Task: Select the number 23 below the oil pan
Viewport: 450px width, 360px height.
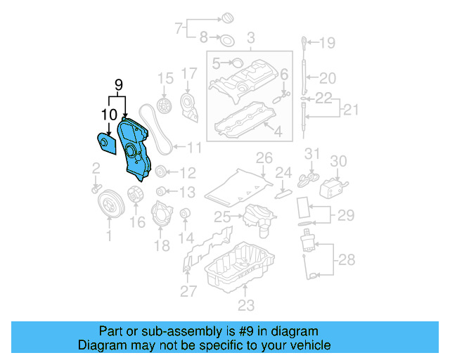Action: (245, 305)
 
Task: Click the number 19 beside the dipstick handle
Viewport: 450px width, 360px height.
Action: (328, 44)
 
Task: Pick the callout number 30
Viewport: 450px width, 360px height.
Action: (339, 161)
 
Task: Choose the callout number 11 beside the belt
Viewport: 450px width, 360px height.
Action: (194, 148)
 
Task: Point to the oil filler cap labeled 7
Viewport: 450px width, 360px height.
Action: (229, 15)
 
